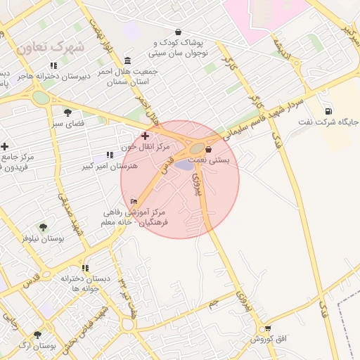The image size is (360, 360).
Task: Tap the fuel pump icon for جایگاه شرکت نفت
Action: [328, 111]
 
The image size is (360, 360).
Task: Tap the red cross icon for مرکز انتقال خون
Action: [145, 136]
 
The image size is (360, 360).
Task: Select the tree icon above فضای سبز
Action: [68, 112]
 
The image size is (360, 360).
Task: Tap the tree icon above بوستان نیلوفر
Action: [43, 227]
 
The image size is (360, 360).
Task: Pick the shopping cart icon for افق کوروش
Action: [267, 328]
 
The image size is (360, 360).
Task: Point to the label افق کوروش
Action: [268, 339]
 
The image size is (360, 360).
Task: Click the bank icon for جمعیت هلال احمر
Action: [127, 60]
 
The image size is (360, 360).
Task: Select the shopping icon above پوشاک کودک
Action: [178, 32]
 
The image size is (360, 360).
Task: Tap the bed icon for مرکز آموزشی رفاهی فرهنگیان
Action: [134, 201]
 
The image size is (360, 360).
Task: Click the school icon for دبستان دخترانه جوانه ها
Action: [86, 268]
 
